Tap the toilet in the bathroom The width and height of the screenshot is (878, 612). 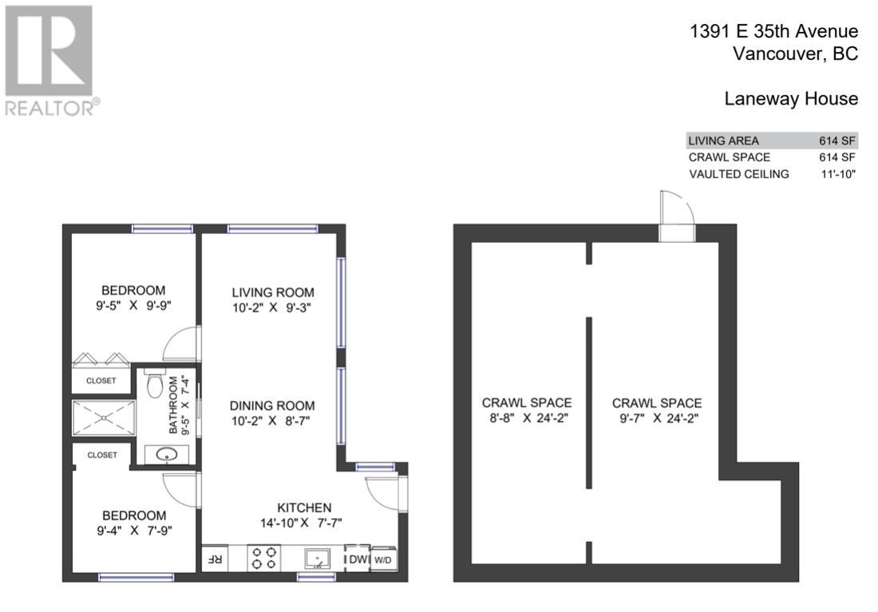(156, 386)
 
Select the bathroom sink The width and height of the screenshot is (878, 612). (167, 455)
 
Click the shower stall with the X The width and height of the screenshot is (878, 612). (104, 418)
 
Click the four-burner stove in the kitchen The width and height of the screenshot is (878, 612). (264, 558)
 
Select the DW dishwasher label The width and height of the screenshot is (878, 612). (356, 559)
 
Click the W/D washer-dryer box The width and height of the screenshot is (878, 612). (383, 559)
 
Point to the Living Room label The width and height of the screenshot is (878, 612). (273, 292)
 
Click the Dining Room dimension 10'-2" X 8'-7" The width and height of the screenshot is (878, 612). (273, 421)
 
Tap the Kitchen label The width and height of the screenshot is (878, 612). (304, 507)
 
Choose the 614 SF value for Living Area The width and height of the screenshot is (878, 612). (837, 141)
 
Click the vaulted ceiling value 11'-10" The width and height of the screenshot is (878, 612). (837, 174)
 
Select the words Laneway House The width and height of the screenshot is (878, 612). (791, 99)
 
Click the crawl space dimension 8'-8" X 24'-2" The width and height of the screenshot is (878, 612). (526, 418)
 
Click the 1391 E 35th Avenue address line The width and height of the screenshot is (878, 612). (773, 31)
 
